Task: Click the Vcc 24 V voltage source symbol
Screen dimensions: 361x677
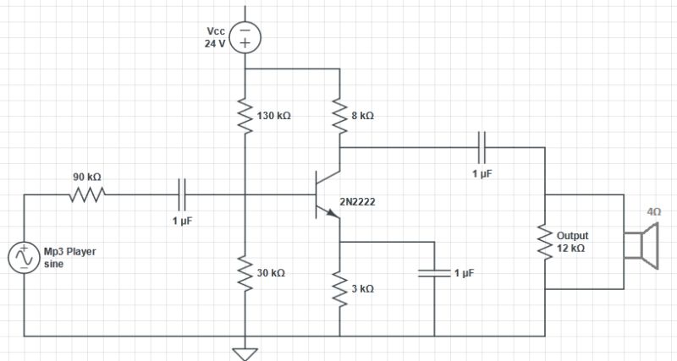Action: (245, 37)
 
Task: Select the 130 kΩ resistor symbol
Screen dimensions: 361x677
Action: (245, 118)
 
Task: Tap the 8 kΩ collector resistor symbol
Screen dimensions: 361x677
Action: (338, 118)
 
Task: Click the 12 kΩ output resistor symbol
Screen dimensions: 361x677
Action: (546, 243)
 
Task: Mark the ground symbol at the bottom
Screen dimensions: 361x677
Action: (245, 352)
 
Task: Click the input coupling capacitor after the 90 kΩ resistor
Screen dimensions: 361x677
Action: (182, 194)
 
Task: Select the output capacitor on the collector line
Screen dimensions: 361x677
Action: (483, 146)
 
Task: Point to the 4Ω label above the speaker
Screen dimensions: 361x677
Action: (654, 213)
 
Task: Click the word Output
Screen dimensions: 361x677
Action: (572, 235)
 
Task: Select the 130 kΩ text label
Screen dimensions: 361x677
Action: (272, 116)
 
